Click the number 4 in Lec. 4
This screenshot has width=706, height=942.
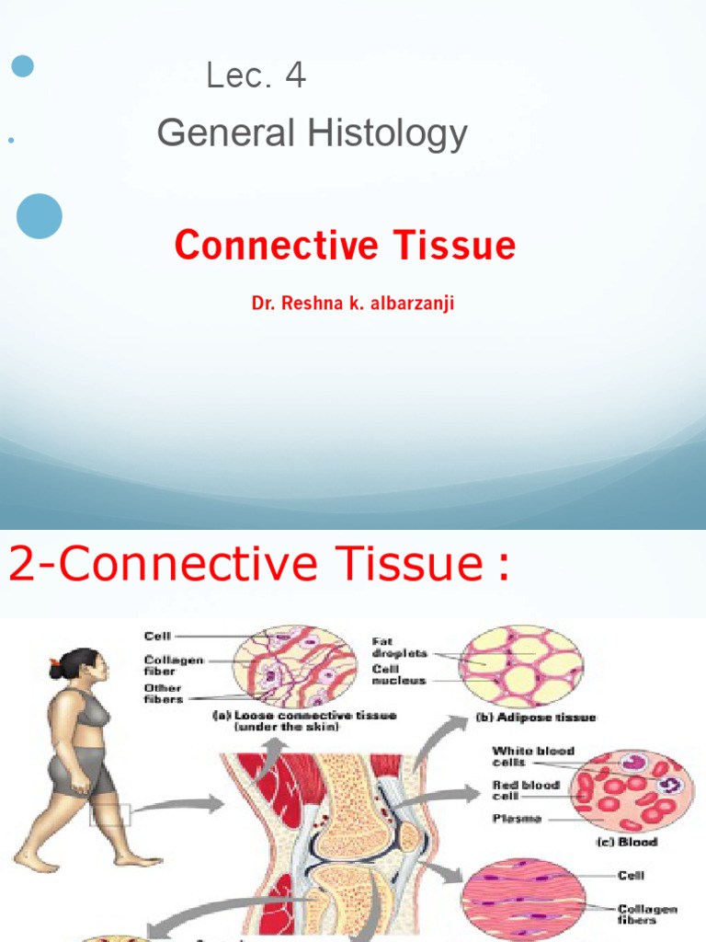(295, 76)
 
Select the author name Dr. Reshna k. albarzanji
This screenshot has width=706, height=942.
(353, 303)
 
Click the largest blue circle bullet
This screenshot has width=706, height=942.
(40, 216)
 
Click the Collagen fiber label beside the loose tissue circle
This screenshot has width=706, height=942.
(174, 665)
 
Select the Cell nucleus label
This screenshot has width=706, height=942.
(399, 675)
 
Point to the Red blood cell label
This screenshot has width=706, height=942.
(525, 790)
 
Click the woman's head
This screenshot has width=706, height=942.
(80, 664)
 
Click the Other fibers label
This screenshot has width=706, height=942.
(163, 694)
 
